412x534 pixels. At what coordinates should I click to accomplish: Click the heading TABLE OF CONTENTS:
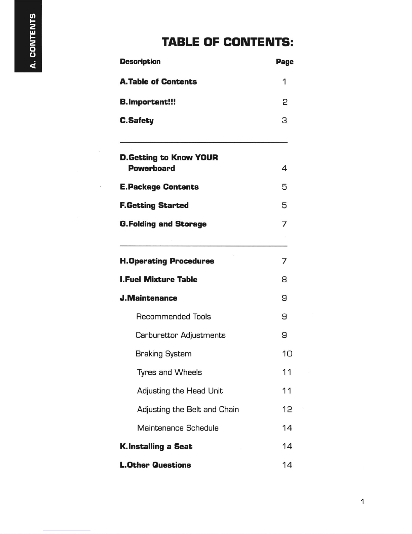point(227,42)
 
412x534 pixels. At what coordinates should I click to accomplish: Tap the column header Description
point(140,62)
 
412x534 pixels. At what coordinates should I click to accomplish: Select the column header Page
point(285,62)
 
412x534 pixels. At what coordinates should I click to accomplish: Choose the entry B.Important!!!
point(148,102)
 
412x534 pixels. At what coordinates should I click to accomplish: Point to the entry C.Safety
point(137,121)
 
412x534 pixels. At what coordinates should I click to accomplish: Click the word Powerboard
point(151,168)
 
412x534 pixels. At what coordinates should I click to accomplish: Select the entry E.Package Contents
point(159,187)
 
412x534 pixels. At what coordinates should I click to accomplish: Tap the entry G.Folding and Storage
point(163,224)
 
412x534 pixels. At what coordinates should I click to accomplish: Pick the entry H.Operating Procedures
point(167,261)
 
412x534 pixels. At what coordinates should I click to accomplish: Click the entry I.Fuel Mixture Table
point(158,280)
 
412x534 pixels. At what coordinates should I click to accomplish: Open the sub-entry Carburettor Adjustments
point(180,335)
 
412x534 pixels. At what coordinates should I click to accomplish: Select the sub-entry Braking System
point(163,354)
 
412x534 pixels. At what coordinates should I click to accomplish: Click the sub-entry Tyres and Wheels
point(170,372)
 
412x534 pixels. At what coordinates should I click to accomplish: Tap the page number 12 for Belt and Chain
point(287,409)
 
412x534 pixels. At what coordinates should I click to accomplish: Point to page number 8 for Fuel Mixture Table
point(284,280)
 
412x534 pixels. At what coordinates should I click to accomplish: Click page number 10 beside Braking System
point(287,354)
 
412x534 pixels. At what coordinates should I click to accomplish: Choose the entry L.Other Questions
point(155,465)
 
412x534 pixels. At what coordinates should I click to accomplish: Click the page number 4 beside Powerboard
point(284,168)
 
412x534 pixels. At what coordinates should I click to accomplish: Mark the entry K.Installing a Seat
point(156,446)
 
